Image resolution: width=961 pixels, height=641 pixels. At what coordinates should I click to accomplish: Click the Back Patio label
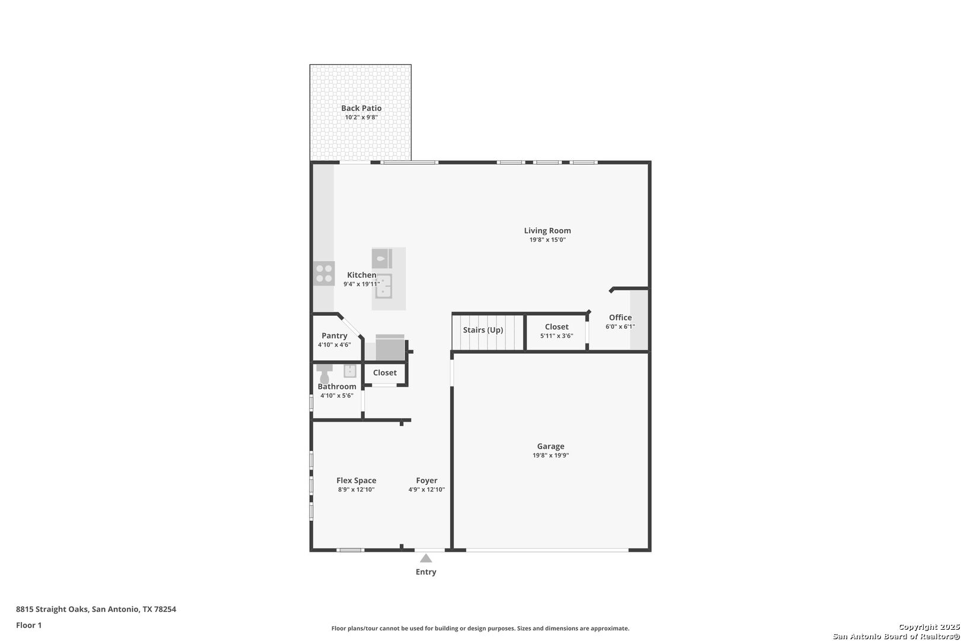[x=361, y=108]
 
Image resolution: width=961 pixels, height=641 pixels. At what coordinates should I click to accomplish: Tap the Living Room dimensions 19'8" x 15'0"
[x=548, y=240]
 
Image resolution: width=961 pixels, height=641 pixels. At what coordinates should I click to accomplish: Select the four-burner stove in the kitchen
[x=324, y=274]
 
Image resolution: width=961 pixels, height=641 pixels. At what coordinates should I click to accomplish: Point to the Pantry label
[x=334, y=336]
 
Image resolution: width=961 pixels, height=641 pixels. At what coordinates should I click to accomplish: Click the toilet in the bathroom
[x=324, y=373]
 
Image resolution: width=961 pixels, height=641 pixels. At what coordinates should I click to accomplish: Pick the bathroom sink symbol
[x=349, y=371]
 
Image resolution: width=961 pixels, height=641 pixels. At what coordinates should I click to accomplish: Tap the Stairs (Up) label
[x=483, y=330]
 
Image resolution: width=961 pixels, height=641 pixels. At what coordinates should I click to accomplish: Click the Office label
[x=620, y=318]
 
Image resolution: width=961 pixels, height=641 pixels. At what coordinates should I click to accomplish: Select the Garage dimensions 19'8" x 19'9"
[x=551, y=456]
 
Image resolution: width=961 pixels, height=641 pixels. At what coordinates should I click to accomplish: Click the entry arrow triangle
[x=425, y=558]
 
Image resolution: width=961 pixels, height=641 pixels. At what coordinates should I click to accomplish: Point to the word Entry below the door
[x=426, y=572]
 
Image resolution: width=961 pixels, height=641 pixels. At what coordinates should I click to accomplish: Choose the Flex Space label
[x=356, y=480]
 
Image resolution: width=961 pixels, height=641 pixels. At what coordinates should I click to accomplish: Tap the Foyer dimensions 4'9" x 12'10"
[x=427, y=490]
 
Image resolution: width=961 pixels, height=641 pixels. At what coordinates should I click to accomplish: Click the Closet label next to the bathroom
[x=385, y=373]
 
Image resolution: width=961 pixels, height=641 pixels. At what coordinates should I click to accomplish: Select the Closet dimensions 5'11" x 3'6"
[x=557, y=336]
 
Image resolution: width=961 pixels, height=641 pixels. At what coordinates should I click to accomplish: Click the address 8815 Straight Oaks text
[x=52, y=609]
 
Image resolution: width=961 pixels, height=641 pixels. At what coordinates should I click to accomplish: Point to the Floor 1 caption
[x=28, y=626]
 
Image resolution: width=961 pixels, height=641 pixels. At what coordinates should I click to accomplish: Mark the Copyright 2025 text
[x=929, y=627]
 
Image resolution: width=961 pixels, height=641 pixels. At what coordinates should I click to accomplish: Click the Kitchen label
[x=362, y=275]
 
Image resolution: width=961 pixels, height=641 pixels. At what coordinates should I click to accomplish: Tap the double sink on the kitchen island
[x=384, y=286]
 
